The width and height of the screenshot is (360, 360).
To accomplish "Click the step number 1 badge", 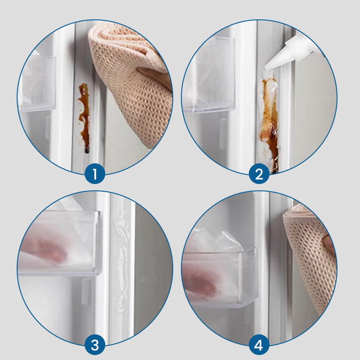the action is pos(95,174).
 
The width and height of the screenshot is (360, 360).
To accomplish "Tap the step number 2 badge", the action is pos(259,174).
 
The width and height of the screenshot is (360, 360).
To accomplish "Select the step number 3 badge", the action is pos(95,345).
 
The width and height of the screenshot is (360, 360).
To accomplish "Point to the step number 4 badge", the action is pos(259,345).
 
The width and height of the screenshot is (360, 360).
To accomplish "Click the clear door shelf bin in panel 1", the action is pos(38,83).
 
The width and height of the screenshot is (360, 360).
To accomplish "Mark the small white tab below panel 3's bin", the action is pos(86,292).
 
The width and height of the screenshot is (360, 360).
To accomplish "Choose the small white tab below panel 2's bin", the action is pos(222,134).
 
